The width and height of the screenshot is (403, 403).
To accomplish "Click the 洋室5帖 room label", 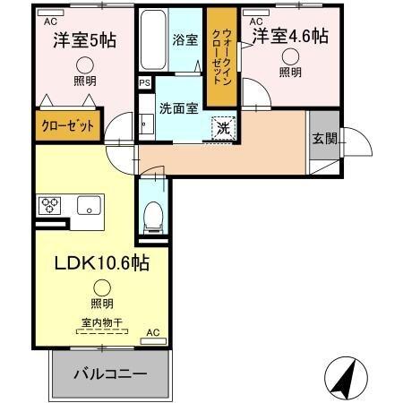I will tap(83, 40).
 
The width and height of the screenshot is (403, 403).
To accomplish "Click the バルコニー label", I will tap(109, 373).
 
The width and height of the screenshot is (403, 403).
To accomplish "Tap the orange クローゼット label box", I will tap(68, 126).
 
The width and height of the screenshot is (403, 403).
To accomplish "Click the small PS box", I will tap(145, 83).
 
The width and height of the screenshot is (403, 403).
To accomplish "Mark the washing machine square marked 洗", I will tap(222, 127).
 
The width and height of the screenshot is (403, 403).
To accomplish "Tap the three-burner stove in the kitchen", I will tap(50, 205).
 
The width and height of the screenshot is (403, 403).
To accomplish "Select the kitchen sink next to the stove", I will tap(90, 206).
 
